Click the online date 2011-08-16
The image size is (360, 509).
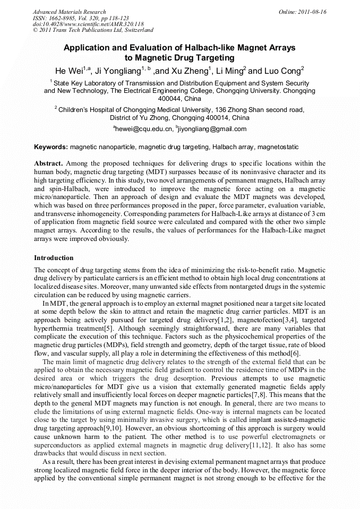[312, 12]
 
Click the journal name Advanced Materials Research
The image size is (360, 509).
[69, 12]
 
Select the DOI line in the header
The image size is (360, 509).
[88, 24]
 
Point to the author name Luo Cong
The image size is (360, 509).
[282, 71]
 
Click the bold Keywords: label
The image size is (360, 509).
[51, 147]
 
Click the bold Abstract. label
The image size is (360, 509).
[49, 163]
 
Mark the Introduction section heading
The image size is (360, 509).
[54, 258]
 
